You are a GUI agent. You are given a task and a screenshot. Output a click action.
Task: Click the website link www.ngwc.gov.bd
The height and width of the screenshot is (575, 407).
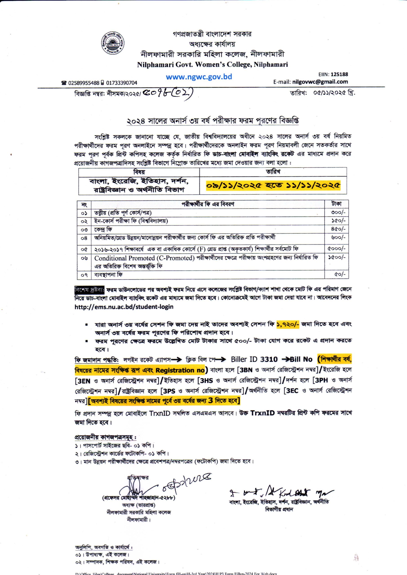(199, 77)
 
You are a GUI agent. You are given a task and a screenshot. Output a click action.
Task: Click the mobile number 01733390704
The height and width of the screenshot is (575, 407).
(122, 83)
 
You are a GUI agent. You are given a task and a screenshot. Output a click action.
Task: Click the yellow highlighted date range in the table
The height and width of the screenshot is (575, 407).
(273, 186)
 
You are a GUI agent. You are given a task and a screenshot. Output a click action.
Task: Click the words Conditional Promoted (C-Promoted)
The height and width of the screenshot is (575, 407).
(144, 258)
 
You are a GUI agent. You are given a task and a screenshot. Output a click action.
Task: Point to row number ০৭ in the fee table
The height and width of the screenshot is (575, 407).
(84, 275)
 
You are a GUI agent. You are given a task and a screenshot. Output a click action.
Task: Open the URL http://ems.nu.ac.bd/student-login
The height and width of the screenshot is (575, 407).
(124, 307)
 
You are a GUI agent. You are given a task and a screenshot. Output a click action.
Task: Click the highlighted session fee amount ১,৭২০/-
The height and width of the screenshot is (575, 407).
(288, 324)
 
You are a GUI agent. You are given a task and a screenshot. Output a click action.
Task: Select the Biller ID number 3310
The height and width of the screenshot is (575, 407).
(269, 360)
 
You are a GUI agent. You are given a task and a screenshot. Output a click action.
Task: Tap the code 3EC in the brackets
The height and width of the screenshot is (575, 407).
(292, 391)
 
